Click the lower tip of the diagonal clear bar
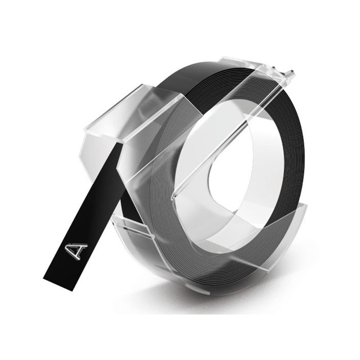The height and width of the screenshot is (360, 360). [173, 196]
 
